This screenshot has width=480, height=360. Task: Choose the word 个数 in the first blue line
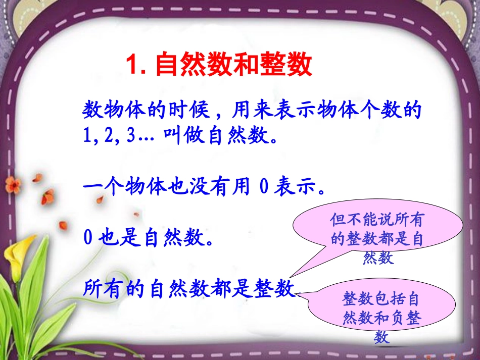(377, 110)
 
